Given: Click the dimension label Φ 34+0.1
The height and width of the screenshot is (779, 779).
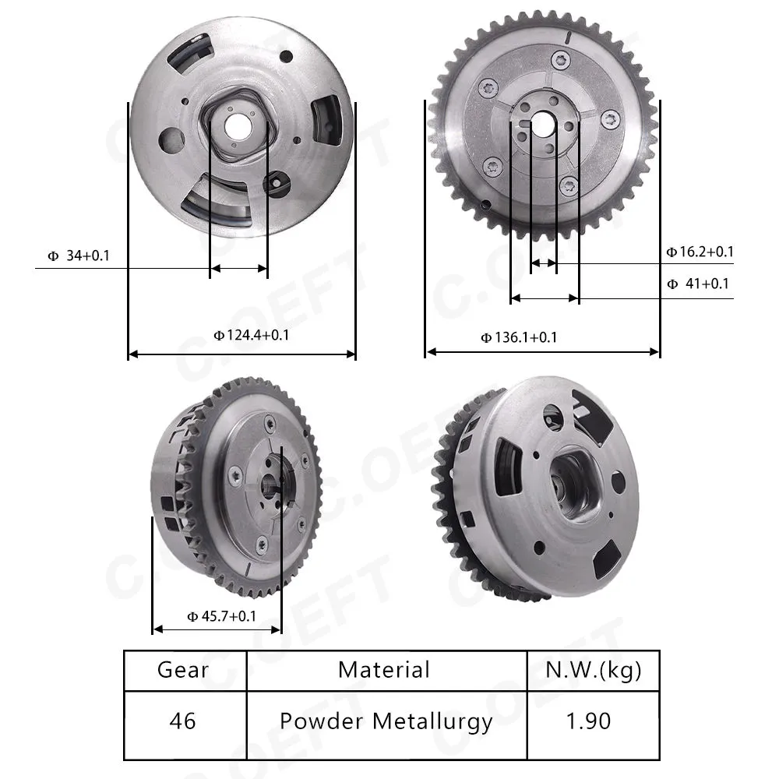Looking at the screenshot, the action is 79,256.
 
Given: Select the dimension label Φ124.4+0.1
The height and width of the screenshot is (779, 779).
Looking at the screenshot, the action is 252,335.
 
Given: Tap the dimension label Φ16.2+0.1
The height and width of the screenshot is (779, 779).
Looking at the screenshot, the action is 700,252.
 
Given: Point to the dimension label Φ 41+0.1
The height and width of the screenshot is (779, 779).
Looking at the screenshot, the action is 698,284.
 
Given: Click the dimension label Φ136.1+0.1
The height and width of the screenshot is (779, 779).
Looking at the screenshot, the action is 519,338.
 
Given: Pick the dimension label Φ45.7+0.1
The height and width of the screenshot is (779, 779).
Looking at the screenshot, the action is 221,616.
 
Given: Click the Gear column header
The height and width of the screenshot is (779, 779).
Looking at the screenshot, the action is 183,670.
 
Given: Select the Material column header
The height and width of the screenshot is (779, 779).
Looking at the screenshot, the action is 384,670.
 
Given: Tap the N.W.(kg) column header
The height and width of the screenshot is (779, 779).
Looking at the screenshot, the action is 593,671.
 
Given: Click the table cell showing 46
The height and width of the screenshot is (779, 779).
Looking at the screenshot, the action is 182,721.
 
